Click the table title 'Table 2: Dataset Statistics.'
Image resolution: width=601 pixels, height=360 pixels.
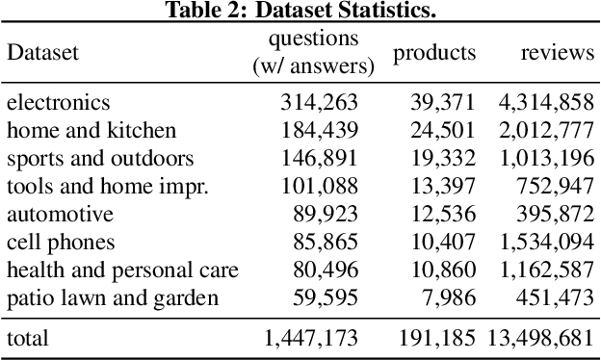300,11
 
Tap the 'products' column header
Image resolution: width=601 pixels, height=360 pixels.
433,53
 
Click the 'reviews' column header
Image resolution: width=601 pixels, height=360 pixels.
558,53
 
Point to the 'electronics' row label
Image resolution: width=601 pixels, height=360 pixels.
59,102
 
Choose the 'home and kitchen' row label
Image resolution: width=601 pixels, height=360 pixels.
91,130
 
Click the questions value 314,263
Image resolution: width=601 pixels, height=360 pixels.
319,102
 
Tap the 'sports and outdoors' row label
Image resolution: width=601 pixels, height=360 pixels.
100,158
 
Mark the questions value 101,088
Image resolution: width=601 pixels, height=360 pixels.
319,186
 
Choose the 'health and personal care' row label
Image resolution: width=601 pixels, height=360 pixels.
122,270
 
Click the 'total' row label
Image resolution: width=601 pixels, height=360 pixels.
27,338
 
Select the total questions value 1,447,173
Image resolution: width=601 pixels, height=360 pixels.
310,338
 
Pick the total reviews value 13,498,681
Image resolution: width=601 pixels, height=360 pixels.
541,338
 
